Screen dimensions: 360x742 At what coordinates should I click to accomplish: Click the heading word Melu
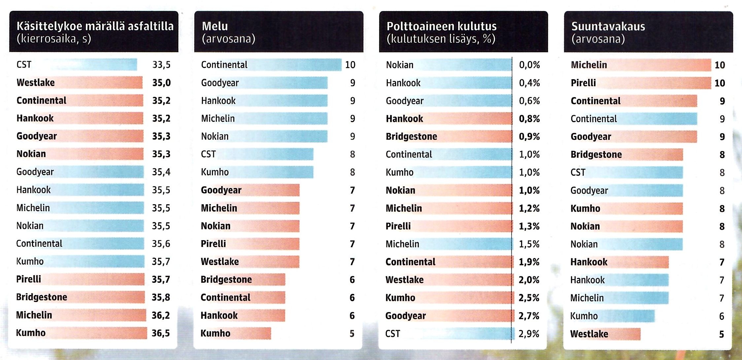(x=215, y=26)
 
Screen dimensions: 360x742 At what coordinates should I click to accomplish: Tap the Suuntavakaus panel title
(x=608, y=26)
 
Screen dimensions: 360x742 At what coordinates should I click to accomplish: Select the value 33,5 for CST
(x=161, y=65)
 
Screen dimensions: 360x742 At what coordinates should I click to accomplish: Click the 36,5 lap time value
(x=161, y=333)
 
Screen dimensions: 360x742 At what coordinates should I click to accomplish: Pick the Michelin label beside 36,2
(x=34, y=315)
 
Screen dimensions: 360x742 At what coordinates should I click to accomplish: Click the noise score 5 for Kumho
(x=352, y=334)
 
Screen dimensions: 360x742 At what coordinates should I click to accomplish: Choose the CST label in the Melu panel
(x=208, y=154)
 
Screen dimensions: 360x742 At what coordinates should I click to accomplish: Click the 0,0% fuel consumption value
(x=529, y=65)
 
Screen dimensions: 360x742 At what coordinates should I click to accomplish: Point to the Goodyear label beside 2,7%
(x=406, y=316)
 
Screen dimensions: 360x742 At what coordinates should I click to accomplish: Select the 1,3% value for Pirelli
(x=529, y=226)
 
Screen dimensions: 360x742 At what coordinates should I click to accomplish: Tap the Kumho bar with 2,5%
(x=462, y=298)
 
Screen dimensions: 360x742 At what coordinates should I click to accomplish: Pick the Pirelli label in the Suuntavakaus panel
(x=583, y=83)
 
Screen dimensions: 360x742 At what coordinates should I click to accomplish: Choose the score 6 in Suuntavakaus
(x=722, y=316)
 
